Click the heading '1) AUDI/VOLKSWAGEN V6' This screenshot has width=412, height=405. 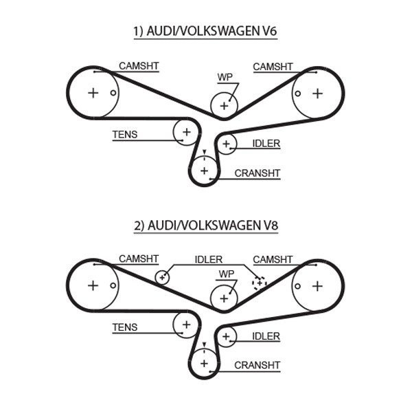(205, 31)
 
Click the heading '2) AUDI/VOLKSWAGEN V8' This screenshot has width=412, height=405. (205, 225)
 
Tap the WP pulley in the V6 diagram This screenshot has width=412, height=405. (223, 105)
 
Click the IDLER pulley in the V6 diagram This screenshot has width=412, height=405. (226, 143)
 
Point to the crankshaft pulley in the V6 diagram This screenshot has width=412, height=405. (204, 169)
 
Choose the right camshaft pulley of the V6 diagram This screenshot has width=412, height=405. (317, 93)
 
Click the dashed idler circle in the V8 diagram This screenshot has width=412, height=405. (259, 282)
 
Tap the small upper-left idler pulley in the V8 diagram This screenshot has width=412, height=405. (162, 277)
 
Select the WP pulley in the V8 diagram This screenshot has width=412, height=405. (223, 298)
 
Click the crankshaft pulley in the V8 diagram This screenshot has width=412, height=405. (204, 362)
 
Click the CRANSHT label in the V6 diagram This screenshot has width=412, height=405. (257, 173)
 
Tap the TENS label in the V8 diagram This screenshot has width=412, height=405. (125, 328)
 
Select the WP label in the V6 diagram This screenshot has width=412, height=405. (225, 77)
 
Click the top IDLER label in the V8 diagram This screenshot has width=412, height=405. (208, 259)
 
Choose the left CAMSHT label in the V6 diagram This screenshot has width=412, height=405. (139, 66)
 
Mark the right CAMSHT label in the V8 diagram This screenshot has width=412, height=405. (273, 259)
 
